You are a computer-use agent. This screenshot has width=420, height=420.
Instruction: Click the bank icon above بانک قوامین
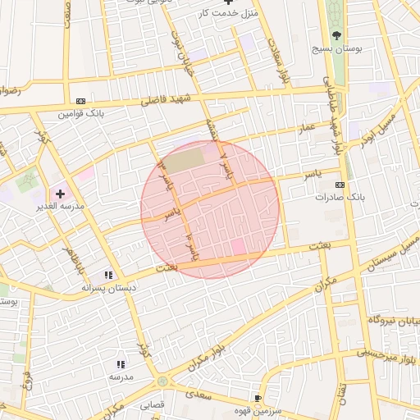click(x=80, y=101)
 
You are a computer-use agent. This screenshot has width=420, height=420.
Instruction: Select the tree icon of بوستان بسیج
click(x=336, y=35)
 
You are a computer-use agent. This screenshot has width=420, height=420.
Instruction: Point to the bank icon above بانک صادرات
click(x=340, y=185)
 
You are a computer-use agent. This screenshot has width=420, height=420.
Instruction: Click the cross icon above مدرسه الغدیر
click(x=60, y=194)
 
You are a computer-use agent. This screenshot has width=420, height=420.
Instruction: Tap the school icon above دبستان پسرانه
click(x=107, y=276)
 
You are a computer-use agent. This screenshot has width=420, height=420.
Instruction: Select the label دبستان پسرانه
click(x=107, y=289)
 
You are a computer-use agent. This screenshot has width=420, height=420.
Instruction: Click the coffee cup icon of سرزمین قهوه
click(x=259, y=398)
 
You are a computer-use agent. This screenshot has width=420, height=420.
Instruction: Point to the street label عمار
click(x=308, y=129)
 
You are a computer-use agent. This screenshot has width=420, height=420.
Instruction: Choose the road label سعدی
click(x=197, y=395)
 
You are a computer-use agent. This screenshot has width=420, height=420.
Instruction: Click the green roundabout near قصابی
click(x=162, y=381)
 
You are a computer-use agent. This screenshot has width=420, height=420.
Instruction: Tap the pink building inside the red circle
click(x=238, y=247)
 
